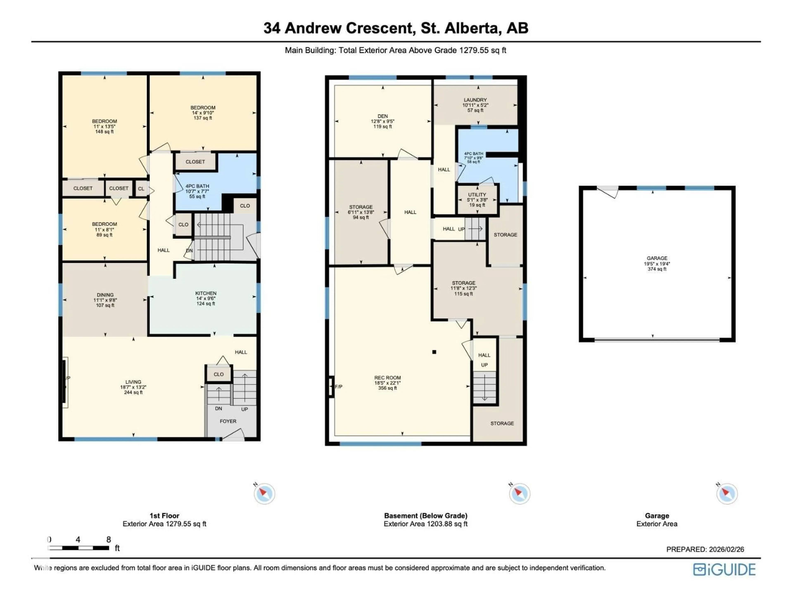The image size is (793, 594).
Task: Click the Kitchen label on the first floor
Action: pos(206,293)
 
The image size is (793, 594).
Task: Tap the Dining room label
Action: pos(105,295)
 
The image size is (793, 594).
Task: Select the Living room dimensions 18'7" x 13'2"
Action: pos(133,387)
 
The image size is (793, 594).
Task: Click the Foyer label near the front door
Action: pos(228,421)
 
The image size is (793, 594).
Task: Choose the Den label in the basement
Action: pos(382,116)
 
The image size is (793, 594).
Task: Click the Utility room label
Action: pos(477,194)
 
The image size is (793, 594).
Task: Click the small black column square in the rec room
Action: pos(434,352)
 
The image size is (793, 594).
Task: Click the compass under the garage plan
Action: pos(727,494)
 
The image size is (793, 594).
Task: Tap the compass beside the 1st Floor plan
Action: pos(264,494)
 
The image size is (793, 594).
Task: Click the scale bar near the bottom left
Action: pos(78,548)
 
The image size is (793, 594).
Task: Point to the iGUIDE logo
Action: pos(724,569)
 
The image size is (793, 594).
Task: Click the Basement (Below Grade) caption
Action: pos(426,516)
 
